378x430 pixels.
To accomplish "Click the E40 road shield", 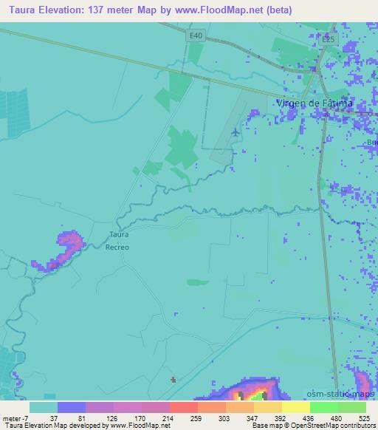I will (196, 35).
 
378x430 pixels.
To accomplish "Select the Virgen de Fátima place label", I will (314, 103).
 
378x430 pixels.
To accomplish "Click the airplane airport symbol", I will (235, 132).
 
